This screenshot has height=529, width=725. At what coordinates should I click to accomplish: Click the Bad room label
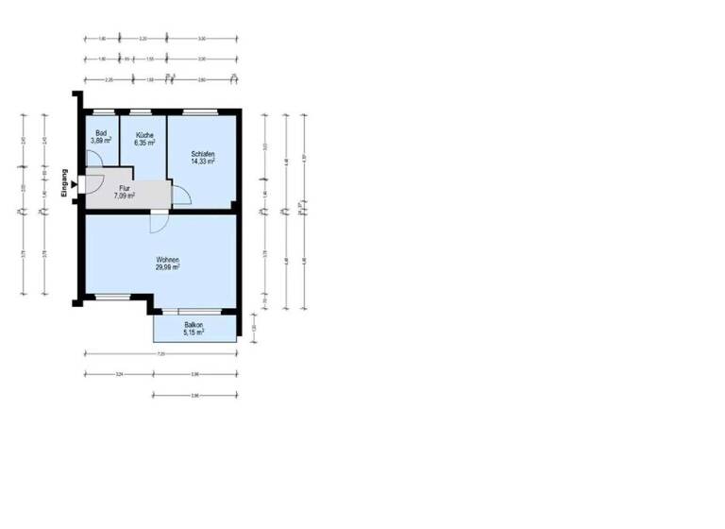[x=101, y=133]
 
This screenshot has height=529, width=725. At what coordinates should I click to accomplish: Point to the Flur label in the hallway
[x=124, y=188]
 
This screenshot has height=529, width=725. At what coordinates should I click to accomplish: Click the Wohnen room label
[x=169, y=260]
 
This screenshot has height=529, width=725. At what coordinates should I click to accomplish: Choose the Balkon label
[x=194, y=324]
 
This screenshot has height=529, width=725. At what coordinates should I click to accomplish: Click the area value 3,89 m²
[x=101, y=141]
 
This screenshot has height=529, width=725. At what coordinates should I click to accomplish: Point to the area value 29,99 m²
[x=169, y=267]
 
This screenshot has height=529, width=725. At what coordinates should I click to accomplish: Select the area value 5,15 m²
[x=194, y=332]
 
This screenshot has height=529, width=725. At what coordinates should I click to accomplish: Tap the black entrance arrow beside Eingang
[x=74, y=187]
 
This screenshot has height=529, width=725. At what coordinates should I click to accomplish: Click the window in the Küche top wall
[x=146, y=112]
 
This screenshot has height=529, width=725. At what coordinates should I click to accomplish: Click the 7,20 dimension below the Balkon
[x=160, y=354]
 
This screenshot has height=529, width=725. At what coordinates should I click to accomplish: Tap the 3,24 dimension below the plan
[x=119, y=375]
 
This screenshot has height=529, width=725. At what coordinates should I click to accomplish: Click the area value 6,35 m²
[x=144, y=144]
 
